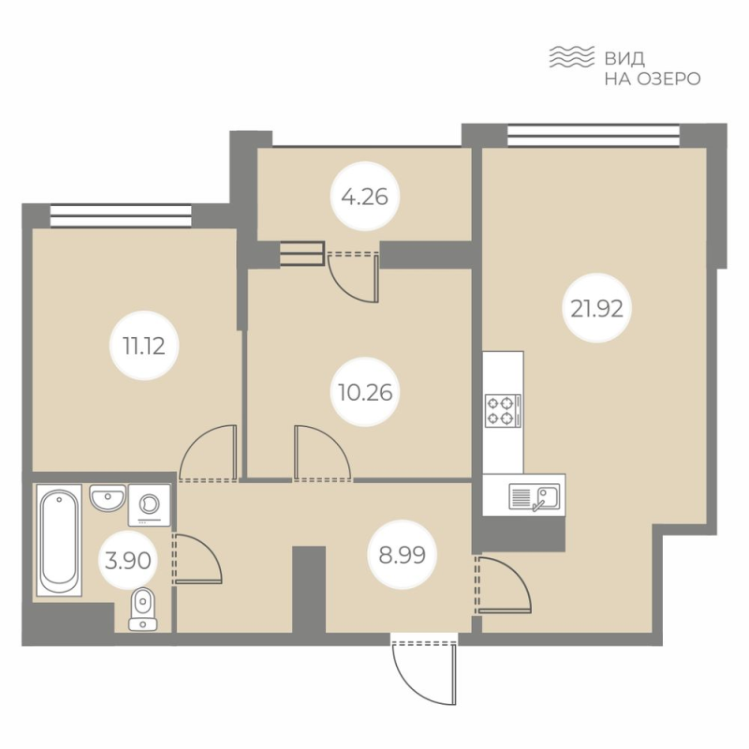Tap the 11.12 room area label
click(x=138, y=344)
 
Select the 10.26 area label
click(x=366, y=391)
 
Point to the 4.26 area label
click(x=365, y=198)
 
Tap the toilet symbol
click(x=142, y=608)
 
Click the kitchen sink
click(x=533, y=497)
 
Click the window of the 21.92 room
click(x=594, y=136)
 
